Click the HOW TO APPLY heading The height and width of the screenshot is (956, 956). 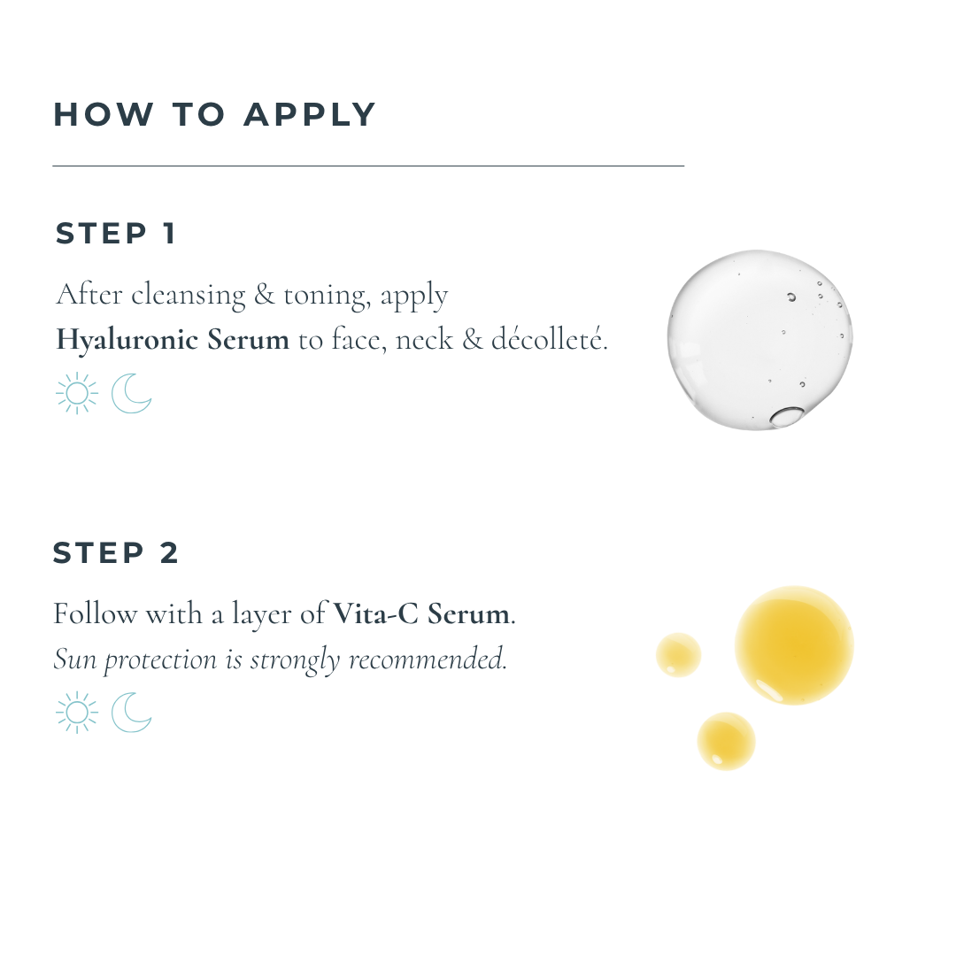[214, 114]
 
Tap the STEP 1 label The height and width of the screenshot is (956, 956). [116, 234]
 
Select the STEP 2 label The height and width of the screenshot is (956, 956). [116, 553]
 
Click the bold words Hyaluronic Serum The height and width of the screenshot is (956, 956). [173, 340]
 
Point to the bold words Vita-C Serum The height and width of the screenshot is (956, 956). [421, 613]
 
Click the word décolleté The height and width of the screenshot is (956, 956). [548, 339]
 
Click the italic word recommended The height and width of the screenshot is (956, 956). [427, 659]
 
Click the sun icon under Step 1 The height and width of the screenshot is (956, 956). [77, 393]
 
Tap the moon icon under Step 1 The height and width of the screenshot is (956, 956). [131, 393]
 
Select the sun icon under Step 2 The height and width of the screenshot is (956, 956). [77, 713]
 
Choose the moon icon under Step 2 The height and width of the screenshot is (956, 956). [131, 713]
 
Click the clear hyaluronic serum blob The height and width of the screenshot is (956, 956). [759, 339]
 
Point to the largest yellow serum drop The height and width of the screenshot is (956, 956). [794, 645]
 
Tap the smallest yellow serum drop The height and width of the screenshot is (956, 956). [679, 655]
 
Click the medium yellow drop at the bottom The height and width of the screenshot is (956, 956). [726, 741]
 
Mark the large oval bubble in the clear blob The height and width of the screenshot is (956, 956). [787, 416]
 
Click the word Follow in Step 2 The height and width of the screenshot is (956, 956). [95, 613]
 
